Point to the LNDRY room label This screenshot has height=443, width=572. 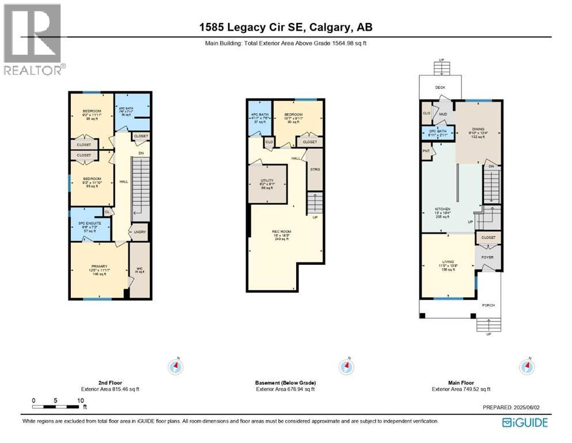tap(139, 232)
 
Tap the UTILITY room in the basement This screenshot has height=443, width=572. tap(267, 183)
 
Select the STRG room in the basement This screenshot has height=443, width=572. tap(315, 169)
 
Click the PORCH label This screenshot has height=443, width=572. tap(488, 305)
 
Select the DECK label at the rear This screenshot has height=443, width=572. tap(440, 88)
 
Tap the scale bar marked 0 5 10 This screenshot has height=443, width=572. tap(58, 407)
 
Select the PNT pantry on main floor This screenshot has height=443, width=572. tap(427, 151)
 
